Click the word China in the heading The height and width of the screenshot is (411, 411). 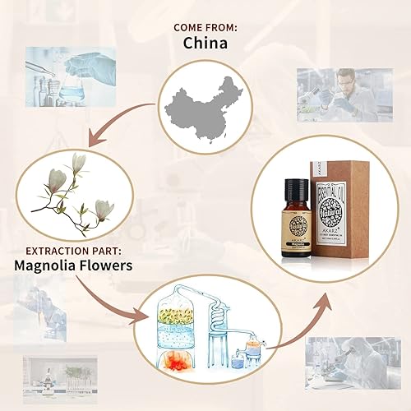[x=205, y=43]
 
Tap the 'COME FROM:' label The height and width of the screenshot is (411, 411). [x=205, y=27]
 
